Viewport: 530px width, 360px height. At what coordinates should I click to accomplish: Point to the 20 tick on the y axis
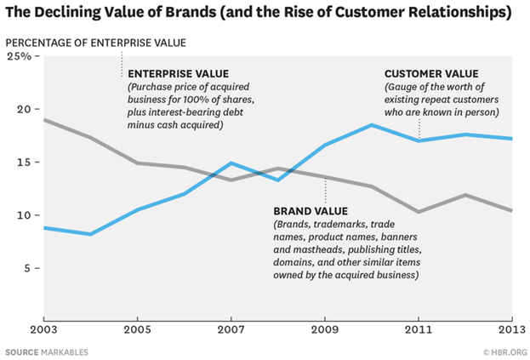23,110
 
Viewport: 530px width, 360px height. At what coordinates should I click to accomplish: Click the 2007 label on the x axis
231,329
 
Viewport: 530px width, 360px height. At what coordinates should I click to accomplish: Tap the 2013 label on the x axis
511,329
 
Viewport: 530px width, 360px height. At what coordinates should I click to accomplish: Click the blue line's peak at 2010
372,125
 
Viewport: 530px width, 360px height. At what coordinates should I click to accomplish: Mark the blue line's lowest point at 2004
90,234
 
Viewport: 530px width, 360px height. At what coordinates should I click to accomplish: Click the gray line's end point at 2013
511,211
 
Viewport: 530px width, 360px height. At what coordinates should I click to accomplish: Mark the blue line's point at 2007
231,163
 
